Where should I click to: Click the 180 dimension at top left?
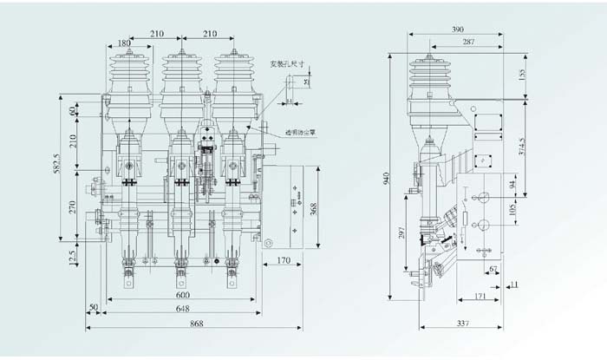click(x=125, y=43)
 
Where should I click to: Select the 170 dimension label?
click(x=283, y=259)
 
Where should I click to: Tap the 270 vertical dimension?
click(x=74, y=207)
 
